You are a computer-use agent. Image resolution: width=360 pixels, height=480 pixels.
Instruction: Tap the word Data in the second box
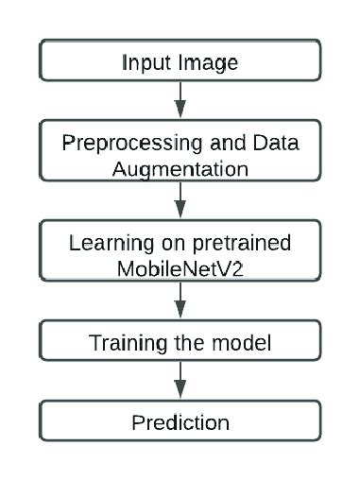(x=274, y=145)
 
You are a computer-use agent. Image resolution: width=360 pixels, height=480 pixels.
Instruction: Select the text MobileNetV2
(x=180, y=268)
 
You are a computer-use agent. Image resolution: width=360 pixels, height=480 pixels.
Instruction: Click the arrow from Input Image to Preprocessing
(x=180, y=96)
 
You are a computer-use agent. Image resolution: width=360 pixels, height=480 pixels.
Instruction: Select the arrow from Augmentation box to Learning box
(x=180, y=200)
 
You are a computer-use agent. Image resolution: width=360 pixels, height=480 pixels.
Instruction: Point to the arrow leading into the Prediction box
(x=180, y=380)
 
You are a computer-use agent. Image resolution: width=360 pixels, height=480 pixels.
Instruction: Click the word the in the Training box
(x=191, y=341)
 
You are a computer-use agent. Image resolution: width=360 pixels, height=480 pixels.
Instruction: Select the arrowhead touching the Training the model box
(x=180, y=315)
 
